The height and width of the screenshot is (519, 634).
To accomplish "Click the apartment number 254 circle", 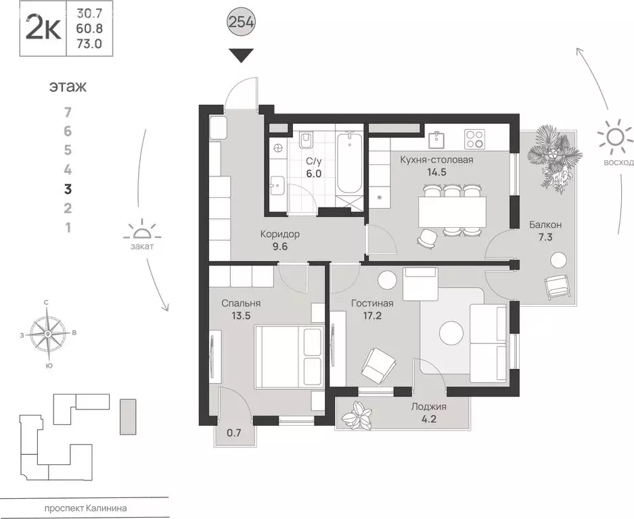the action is [x=242, y=22].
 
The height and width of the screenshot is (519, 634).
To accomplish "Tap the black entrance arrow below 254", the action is [x=242, y=55].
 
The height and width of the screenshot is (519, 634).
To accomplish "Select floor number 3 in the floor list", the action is [x=68, y=189].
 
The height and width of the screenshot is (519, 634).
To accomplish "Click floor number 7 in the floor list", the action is [x=68, y=112].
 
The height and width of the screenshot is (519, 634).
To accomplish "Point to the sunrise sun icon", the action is [x=614, y=137].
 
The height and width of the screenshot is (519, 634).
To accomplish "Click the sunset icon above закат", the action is [x=142, y=231].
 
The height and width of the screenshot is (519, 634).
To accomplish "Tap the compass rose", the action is [x=48, y=334].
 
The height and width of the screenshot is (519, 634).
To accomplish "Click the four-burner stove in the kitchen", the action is [x=474, y=139].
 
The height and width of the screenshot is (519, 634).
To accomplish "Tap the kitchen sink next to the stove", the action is [x=436, y=140].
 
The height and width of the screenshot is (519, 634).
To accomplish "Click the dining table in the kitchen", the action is [x=452, y=212].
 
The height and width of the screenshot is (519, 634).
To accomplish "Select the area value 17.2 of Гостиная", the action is [x=372, y=316].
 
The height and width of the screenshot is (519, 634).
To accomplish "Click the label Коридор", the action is [x=280, y=234].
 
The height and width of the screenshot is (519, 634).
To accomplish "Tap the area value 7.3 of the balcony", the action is [x=545, y=237].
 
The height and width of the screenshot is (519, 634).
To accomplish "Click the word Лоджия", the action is [x=429, y=407].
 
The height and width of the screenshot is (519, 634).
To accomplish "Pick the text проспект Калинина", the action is [x=86, y=508].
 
